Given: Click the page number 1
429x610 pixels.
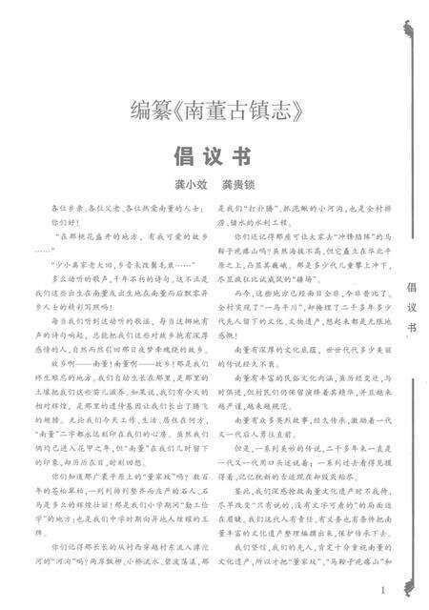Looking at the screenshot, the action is coord(381,591).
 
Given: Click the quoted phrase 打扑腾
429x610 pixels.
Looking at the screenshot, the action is coord(259,207).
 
